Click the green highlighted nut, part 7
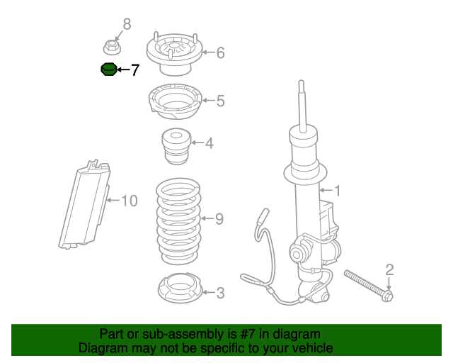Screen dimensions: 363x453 (108, 69)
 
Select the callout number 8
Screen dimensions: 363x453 (127, 25)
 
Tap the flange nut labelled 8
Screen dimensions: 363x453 (111, 48)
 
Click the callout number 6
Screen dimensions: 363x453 (220, 52)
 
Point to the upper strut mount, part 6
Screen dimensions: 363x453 (174, 54)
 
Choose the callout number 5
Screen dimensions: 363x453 (220, 101)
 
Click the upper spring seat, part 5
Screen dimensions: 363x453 (173, 103)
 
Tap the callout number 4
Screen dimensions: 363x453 (209, 144)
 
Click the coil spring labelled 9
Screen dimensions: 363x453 (178, 220)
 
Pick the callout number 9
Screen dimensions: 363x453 (219, 219)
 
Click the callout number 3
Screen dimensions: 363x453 (220, 292)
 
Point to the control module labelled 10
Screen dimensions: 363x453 (87, 204)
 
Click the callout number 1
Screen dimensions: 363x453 (338, 190)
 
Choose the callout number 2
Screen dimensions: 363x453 (389, 269)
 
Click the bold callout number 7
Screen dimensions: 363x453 (134, 70)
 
